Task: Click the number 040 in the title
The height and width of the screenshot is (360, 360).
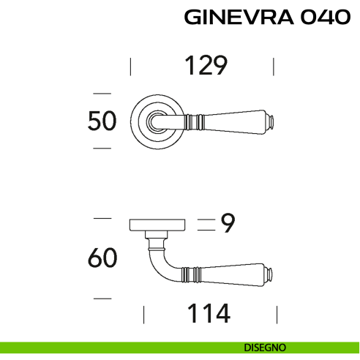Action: [323, 17]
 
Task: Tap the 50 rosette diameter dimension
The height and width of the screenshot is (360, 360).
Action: [102, 121]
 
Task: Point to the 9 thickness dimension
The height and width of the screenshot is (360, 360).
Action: [227, 224]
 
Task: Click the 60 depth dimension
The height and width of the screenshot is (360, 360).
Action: [102, 258]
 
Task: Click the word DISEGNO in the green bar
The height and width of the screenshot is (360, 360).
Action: [266, 347]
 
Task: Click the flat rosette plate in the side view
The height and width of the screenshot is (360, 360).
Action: [157, 224]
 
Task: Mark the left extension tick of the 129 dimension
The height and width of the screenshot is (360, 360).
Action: [130, 67]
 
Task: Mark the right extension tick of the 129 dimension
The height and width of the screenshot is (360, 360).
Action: [274, 67]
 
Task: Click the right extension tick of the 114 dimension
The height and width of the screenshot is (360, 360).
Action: [277, 315]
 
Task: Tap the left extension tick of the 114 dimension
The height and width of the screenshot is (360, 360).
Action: [144, 315]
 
